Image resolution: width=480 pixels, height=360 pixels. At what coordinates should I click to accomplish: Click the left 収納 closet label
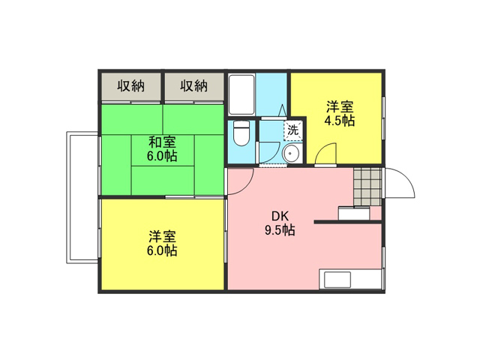131,85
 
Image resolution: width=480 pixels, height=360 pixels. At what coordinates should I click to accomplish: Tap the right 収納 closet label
193,85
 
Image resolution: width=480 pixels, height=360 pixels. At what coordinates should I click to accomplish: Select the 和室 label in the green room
162,142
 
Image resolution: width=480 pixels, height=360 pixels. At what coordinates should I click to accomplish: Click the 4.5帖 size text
340,121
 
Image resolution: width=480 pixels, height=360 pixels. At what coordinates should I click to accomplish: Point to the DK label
280,217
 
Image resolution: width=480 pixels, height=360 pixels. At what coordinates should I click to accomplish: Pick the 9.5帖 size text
280,229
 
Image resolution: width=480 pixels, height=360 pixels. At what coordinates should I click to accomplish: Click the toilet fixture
241,133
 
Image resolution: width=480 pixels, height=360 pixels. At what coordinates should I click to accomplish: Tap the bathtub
241,94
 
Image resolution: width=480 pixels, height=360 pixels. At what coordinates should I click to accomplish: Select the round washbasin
292,153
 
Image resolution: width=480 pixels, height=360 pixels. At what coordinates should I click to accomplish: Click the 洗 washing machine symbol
293,130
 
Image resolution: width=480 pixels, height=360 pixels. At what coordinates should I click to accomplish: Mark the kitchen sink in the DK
337,280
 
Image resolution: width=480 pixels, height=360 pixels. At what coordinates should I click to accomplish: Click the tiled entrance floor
367,187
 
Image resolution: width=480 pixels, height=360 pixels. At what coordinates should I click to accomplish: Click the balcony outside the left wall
82,197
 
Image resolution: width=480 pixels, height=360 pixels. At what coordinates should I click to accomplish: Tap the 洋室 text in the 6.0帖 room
162,237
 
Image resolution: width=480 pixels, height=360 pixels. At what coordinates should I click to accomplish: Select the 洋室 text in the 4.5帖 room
340,106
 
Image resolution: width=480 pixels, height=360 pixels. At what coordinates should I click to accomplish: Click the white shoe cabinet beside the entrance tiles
354,213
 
